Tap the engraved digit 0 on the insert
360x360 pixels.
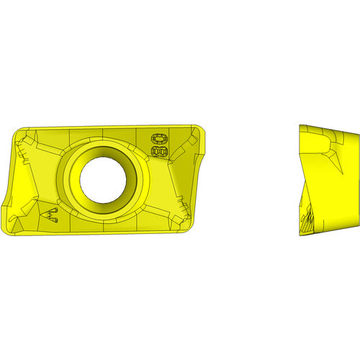pyautogui.click(x=156, y=138)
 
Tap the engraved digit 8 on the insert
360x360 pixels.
pyautogui.click(x=156, y=151)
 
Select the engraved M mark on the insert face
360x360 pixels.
pyautogui.click(x=50, y=213)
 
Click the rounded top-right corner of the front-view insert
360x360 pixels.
pyautogui.click(x=202, y=132)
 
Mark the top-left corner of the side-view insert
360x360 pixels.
pyautogui.click(x=299, y=125)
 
